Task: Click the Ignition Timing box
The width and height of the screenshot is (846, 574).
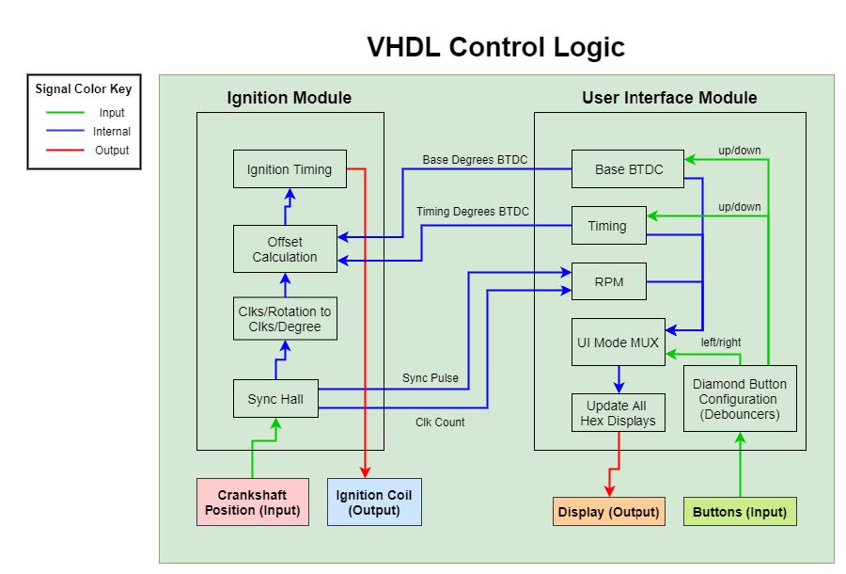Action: pos(290,169)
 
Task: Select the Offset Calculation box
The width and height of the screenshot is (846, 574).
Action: pos(285,249)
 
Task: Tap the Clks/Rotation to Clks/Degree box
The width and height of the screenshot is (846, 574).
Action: pos(285,319)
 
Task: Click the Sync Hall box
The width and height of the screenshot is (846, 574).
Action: pos(275,399)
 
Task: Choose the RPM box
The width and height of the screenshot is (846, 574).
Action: pos(608,281)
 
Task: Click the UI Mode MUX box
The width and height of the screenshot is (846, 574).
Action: pos(619,343)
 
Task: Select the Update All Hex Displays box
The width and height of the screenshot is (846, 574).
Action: pos(619,412)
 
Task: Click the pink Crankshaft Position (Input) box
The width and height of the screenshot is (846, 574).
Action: pos(252,502)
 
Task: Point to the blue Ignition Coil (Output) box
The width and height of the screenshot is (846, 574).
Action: pos(373,502)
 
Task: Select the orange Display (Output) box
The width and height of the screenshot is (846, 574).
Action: pos(608,512)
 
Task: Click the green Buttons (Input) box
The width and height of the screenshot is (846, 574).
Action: pos(740,512)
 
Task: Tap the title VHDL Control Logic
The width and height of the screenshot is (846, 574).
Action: pos(495,47)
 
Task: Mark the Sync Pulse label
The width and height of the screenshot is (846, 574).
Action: pos(431,378)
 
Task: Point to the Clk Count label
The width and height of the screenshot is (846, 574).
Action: pos(440,423)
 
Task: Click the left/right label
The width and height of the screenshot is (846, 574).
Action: pos(721,343)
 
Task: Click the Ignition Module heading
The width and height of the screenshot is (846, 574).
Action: pos(290,98)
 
